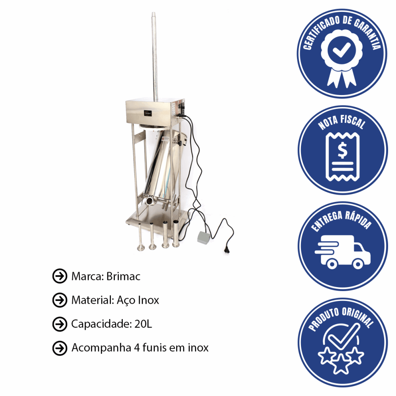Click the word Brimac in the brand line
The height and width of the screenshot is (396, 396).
coord(123,276)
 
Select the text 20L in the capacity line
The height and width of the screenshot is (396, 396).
coord(143,324)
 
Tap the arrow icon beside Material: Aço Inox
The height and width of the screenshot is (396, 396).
coord(60,300)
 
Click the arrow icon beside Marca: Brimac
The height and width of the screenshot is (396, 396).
coord(60,276)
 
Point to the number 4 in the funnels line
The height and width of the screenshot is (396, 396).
coord(137,348)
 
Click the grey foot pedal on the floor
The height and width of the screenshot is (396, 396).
coord(204,237)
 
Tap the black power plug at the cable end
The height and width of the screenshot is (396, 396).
coord(227,249)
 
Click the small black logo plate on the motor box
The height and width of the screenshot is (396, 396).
coord(148,113)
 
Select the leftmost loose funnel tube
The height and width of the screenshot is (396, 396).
coord(141,237)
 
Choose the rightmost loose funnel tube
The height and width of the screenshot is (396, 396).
coord(176,233)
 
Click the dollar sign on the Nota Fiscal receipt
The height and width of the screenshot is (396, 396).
coord(343,150)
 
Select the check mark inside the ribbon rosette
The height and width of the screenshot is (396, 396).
coord(341,49)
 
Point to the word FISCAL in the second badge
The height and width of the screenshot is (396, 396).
coord(352,122)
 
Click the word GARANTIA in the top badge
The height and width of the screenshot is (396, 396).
coord(368,32)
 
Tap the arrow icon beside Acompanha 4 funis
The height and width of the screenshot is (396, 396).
coord(60,348)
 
